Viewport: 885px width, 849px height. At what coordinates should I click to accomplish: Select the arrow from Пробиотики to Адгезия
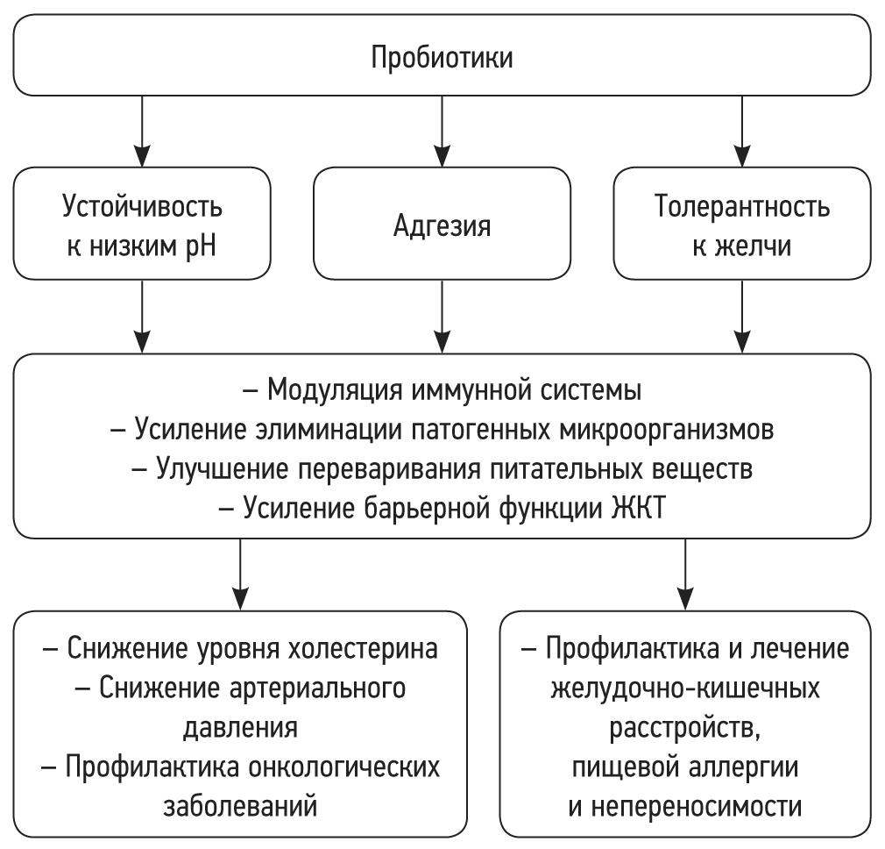[442, 131]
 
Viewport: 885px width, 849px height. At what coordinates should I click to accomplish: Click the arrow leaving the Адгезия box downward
[442, 316]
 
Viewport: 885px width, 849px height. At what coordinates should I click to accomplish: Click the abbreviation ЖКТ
[641, 507]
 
